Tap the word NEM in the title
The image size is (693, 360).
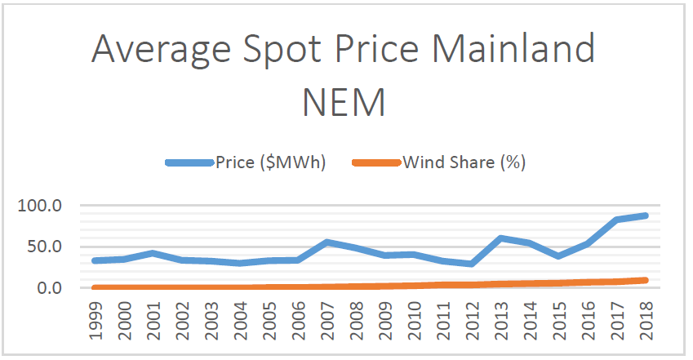coord(344,103)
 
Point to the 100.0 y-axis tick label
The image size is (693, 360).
coord(40,206)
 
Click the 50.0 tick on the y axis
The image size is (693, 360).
coord(44,247)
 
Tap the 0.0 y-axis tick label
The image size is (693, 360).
coord(48,288)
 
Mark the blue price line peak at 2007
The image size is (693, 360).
coord(327,242)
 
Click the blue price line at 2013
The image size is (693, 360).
coord(500,238)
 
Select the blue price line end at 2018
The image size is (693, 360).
coord(643,216)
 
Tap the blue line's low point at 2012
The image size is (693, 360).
coord(471,264)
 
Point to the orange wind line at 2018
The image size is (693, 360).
coord(643,280)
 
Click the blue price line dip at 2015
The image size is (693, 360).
coord(557,256)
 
